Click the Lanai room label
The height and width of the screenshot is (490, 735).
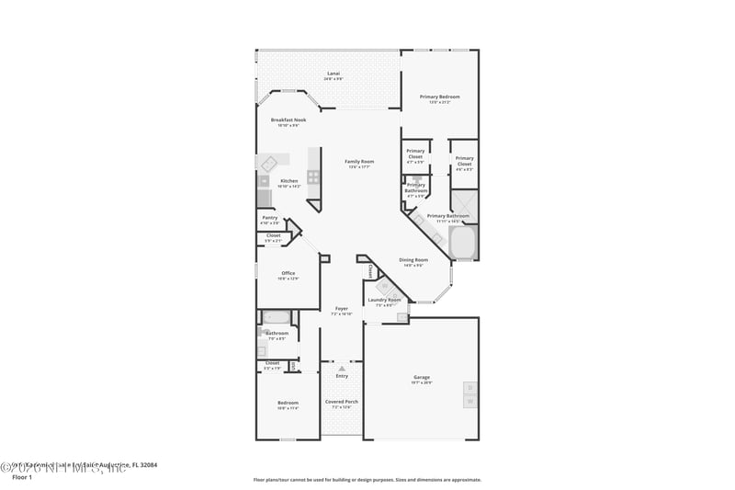pyautogui.click(x=334, y=74)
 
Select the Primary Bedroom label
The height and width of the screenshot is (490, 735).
pyautogui.click(x=439, y=97)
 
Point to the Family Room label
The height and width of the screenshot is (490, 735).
pyautogui.click(x=359, y=162)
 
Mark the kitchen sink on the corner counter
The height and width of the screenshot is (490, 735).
pyautogui.click(x=269, y=164)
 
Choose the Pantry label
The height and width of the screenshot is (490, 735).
pyautogui.click(x=269, y=218)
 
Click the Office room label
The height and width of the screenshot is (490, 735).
pyautogui.click(x=288, y=273)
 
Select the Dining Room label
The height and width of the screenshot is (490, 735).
pyautogui.click(x=413, y=260)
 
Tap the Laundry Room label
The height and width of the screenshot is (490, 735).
pyautogui.click(x=384, y=301)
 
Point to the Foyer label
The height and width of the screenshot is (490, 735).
pyautogui.click(x=341, y=310)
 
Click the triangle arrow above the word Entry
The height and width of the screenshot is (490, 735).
pyautogui.click(x=342, y=368)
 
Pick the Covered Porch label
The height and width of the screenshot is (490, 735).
pyautogui.click(x=342, y=402)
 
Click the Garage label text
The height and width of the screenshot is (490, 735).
pyautogui.click(x=422, y=378)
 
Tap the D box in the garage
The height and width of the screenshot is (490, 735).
pyautogui.click(x=469, y=387)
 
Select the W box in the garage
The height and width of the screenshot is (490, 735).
pyautogui.click(x=469, y=402)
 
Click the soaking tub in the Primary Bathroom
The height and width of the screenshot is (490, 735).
pyautogui.click(x=461, y=243)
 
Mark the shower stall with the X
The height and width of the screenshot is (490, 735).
pyautogui.click(x=464, y=205)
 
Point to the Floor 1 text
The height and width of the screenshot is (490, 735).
pyautogui.click(x=21, y=477)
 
